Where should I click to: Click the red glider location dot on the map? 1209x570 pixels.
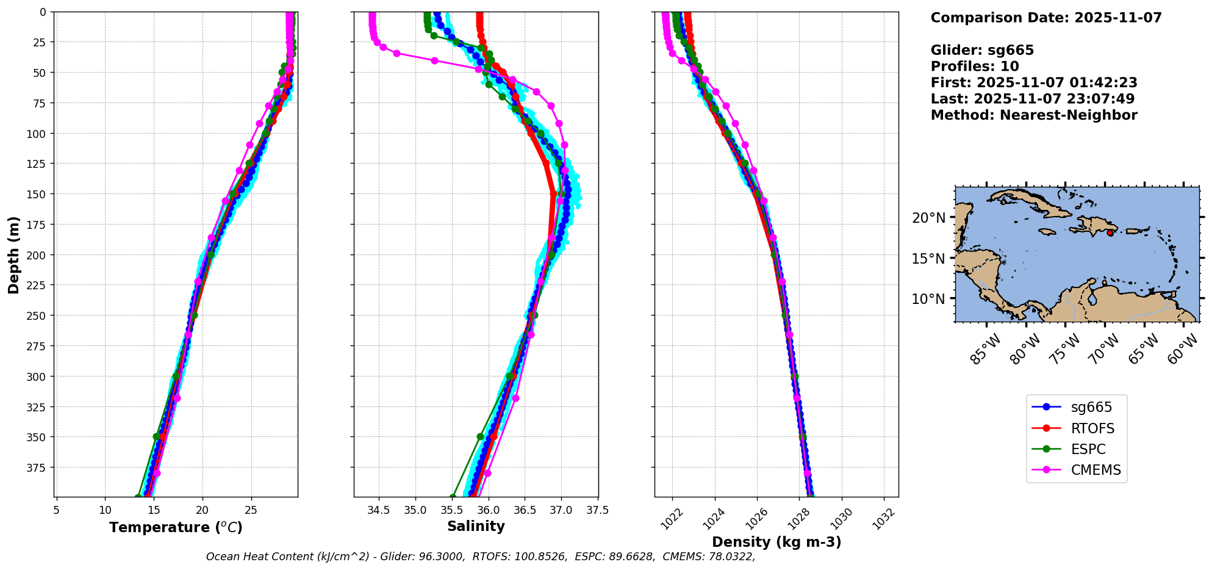1110,233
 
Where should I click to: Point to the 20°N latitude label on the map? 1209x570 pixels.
928,218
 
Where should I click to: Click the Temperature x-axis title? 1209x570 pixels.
176,527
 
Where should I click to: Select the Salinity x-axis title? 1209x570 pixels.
476,526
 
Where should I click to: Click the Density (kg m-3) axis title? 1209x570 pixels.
776,542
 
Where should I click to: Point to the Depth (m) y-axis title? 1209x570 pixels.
13,254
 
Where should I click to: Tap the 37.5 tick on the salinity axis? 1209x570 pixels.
597,510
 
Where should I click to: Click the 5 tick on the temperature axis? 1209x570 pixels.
57,510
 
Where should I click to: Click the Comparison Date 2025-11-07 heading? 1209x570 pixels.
1046,18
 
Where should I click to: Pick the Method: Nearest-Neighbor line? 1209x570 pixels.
1033,115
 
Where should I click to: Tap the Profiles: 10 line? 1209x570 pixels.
974,67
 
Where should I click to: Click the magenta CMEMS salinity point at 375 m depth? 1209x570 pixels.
487,473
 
